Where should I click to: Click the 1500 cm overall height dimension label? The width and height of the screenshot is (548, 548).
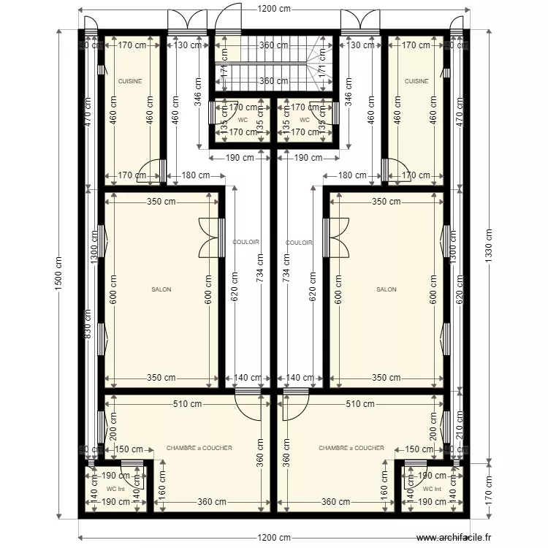[59, 274]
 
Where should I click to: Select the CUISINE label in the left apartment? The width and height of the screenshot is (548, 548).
[130, 82]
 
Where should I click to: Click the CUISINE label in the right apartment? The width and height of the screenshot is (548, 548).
[416, 82]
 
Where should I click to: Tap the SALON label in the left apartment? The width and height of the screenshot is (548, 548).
[161, 289]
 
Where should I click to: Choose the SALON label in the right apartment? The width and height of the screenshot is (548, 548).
[387, 289]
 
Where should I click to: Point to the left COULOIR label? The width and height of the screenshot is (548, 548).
[246, 243]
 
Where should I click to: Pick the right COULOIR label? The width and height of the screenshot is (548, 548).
[300, 243]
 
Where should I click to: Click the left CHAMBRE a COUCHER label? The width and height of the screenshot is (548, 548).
[199, 448]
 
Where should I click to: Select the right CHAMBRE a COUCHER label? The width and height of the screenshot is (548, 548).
[351, 448]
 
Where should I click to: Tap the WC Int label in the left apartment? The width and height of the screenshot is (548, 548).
[115, 489]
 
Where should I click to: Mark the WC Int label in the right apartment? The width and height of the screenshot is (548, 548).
[432, 489]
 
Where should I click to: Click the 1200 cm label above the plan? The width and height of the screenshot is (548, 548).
[274, 9]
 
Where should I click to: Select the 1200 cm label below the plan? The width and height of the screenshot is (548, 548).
[274, 538]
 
